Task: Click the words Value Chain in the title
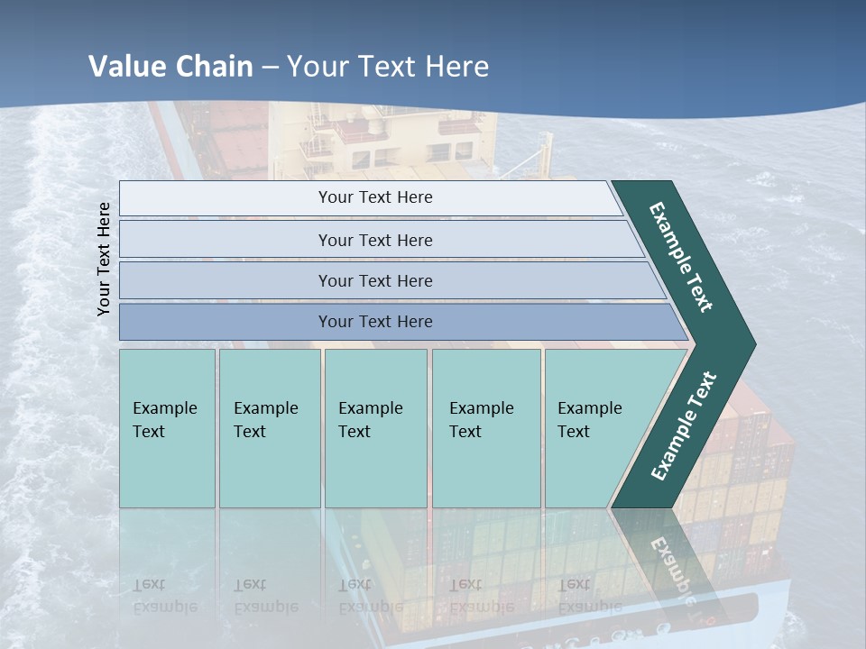pos(170,67)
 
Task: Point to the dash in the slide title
pos(270,68)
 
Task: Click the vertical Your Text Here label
pos(104,259)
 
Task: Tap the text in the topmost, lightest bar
pos(375,197)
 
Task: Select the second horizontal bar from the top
pos(375,240)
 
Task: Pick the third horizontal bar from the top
pos(375,280)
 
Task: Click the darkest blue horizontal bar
pos(375,322)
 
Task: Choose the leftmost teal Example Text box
pos(167,428)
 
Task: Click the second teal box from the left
pos(270,428)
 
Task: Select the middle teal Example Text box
pos(375,428)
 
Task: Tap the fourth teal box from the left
pos(486,428)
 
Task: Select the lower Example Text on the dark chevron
pos(684,426)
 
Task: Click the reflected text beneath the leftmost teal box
pos(164,596)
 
